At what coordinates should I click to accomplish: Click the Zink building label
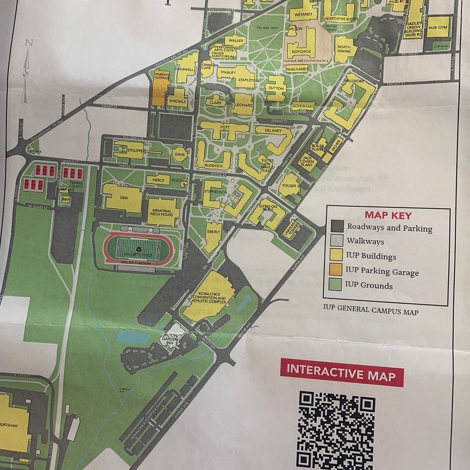point(124,198)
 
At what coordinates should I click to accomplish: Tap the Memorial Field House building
point(161,212)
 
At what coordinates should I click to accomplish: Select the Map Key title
point(388,216)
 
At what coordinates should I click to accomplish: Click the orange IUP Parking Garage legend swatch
point(336,270)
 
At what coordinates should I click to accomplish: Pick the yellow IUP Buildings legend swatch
point(336,256)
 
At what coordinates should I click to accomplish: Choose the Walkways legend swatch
point(336,241)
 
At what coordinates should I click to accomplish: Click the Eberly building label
point(214,232)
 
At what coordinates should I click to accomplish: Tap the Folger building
point(290,186)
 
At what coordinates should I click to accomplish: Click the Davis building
point(179,155)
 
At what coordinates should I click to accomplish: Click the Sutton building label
point(276,88)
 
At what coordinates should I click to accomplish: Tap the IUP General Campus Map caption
point(370,311)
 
